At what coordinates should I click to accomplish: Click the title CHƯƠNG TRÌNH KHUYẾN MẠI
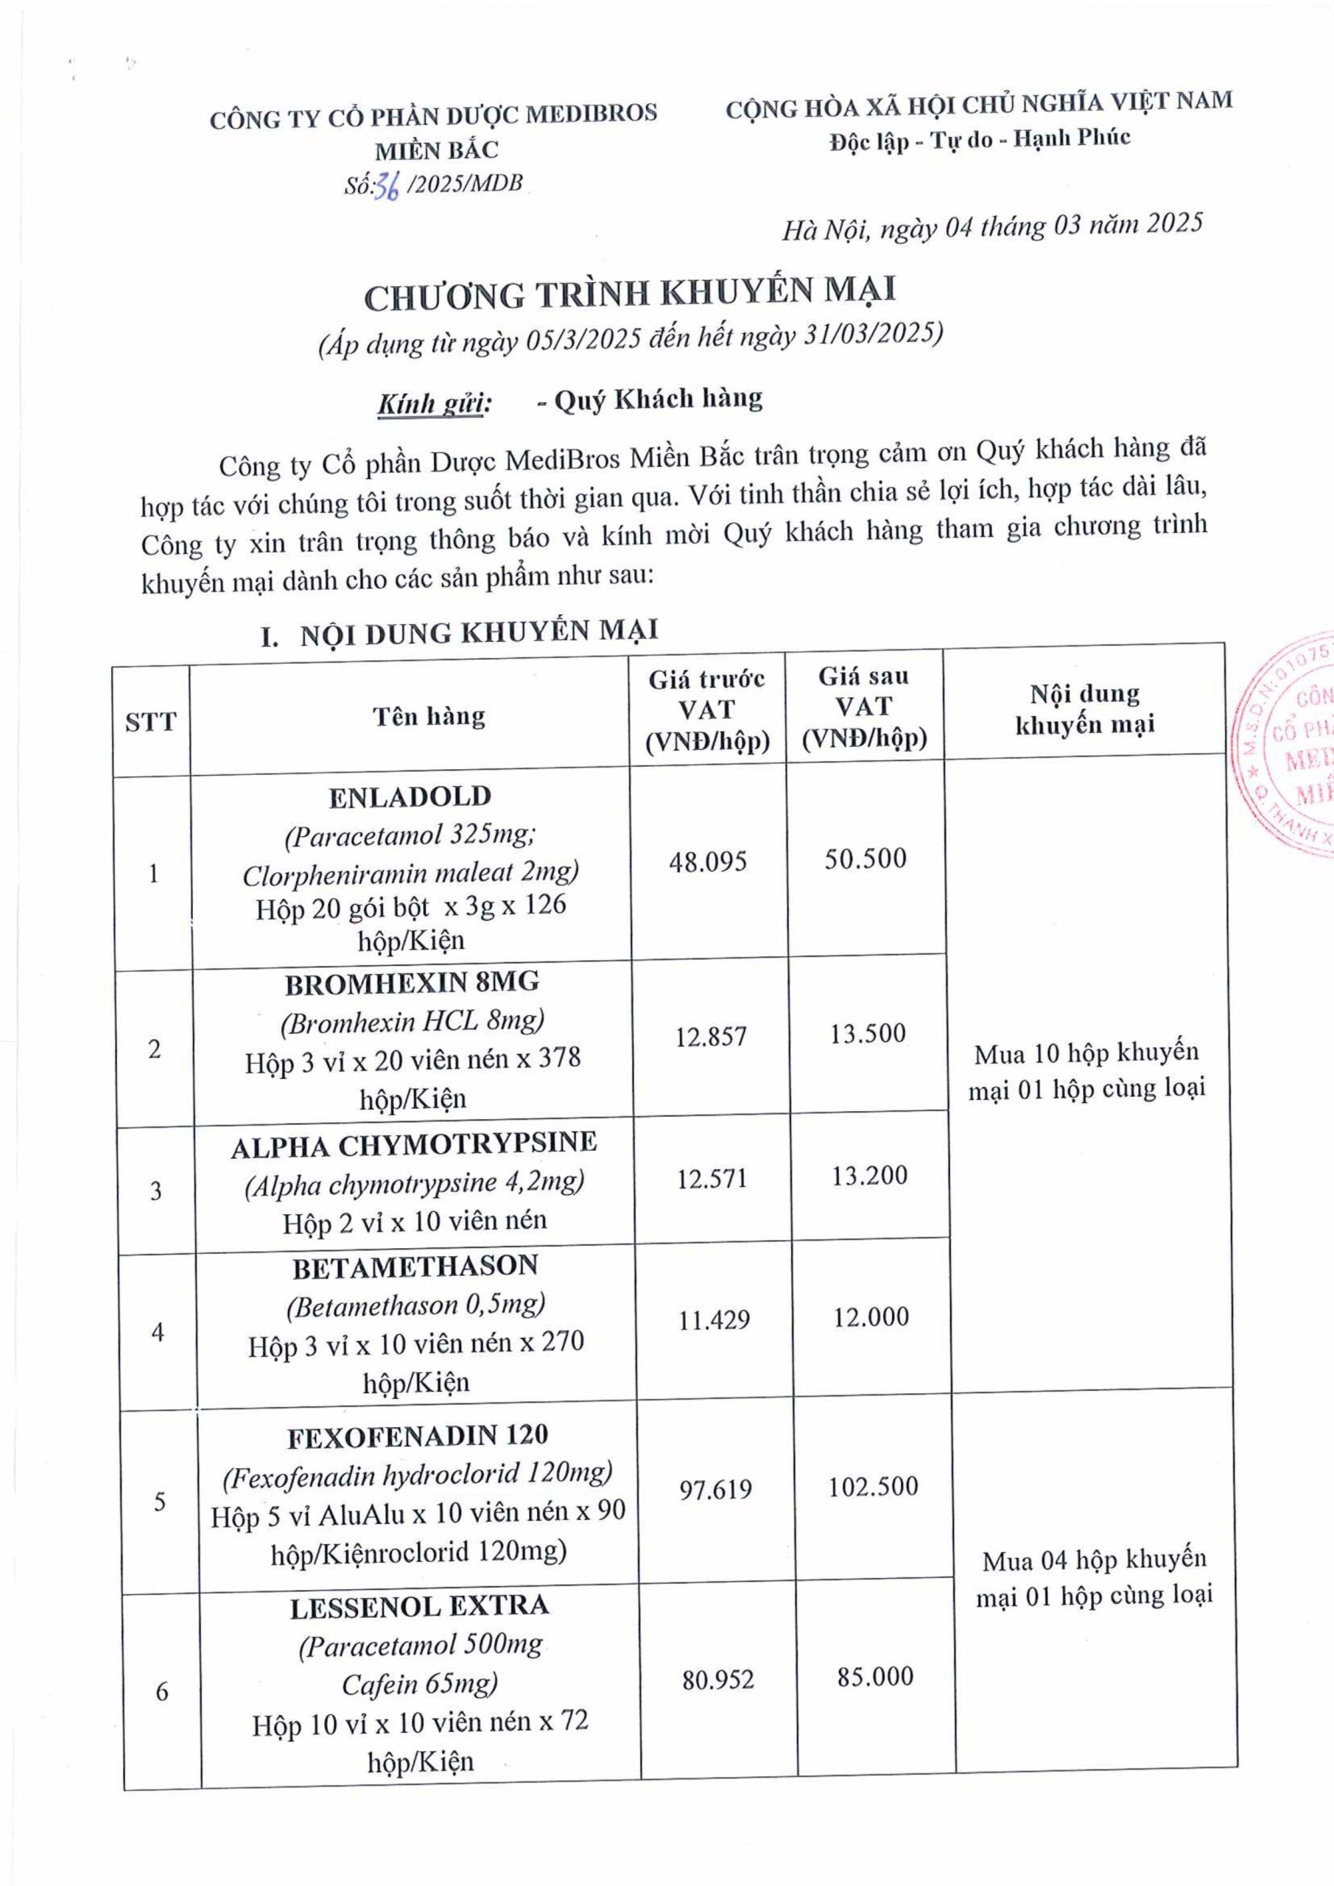[630, 293]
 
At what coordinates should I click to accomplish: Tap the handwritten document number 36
[386, 187]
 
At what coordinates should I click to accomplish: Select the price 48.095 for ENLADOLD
[707, 862]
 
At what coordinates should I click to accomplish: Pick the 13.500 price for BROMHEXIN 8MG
[868, 1034]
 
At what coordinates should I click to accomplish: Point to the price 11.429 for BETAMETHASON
[713, 1320]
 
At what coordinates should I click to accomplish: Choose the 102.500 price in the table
[872, 1486]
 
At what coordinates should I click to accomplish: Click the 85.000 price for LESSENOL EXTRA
[875, 1677]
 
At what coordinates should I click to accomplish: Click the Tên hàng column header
[429, 717]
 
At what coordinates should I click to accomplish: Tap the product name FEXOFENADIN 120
[417, 1436]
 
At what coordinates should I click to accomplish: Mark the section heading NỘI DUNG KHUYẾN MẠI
[479, 633]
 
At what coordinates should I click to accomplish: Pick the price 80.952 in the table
[717, 1680]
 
